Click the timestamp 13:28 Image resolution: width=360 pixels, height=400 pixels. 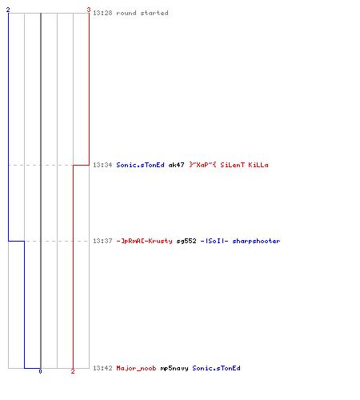click(102, 13)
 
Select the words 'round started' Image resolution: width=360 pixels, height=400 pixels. click(142, 13)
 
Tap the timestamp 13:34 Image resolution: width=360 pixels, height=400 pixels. click(102, 165)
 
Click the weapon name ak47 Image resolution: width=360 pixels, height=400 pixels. click(176, 165)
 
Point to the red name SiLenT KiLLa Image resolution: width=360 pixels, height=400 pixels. click(244, 165)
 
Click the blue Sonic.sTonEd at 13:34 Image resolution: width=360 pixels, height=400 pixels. click(140, 165)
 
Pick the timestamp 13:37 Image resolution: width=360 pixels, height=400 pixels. click(102, 241)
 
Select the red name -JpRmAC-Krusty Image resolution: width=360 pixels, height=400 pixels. click(144, 241)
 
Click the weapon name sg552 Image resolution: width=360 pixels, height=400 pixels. click(186, 241)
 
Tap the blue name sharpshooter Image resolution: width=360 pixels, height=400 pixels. click(256, 241)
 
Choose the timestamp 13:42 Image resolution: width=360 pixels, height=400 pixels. click(102, 368)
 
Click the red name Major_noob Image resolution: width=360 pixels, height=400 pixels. click(136, 368)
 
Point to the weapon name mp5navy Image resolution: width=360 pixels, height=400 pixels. click(174, 368)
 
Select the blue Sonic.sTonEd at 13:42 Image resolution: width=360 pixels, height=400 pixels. click(216, 368)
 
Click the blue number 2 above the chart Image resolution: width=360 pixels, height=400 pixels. click(8, 10)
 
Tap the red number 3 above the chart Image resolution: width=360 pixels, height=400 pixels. click(89, 10)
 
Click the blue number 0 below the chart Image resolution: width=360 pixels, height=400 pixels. click(40, 371)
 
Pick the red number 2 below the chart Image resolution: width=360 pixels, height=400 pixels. click(73, 371)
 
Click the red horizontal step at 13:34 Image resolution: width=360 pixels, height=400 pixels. click(81, 165)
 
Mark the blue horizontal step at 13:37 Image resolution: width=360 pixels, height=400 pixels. click(17, 241)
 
